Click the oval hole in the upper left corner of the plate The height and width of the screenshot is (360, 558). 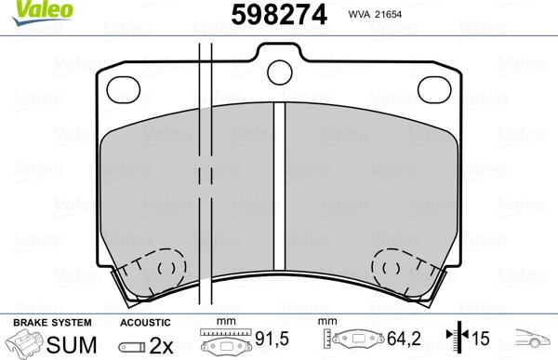pyautogui.click(x=125, y=90)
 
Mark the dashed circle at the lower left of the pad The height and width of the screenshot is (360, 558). pyautogui.click(x=166, y=270)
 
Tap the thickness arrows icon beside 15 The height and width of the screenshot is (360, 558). pyautogui.click(x=456, y=341)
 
